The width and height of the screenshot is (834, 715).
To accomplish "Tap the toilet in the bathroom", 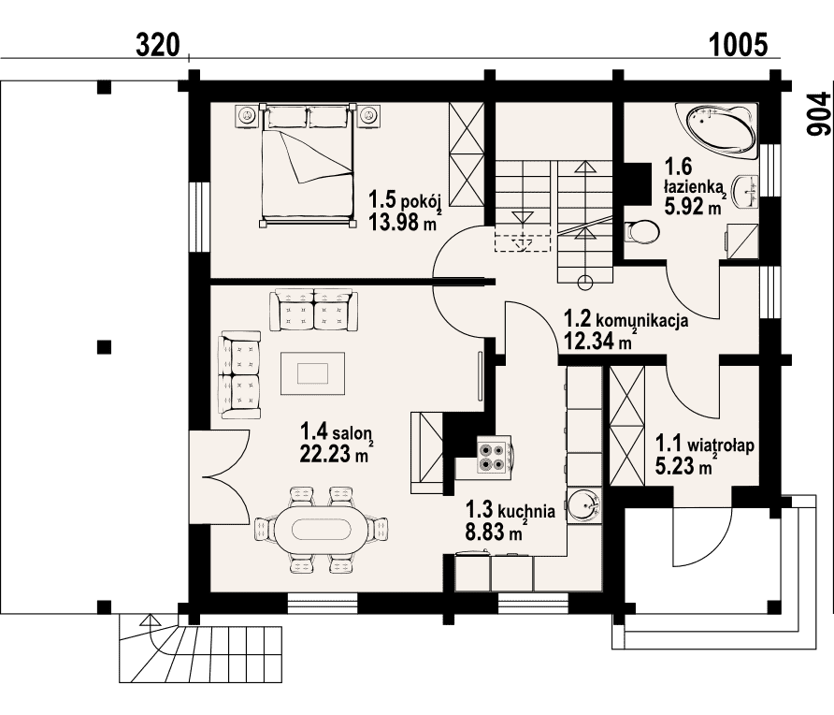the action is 641,232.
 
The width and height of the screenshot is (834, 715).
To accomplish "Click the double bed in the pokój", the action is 308,166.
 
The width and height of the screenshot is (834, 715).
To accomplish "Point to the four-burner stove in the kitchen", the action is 493,457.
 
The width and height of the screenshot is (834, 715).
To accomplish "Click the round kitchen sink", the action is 583,504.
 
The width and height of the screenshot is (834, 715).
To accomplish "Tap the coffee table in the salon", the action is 312,373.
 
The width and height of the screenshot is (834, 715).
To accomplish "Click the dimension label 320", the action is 158,45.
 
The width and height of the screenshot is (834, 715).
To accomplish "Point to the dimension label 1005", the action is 739,45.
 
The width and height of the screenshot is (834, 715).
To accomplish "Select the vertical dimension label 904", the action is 818,114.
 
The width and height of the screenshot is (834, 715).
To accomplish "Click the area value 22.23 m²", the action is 334,454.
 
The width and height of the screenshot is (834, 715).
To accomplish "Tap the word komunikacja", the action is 642,320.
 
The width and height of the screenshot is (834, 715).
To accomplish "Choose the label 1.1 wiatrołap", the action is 705,444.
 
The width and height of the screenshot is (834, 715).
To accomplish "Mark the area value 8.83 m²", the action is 494,532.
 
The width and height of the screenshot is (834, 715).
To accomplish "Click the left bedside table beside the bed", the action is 246,115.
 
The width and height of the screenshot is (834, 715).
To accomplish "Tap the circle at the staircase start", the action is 585,283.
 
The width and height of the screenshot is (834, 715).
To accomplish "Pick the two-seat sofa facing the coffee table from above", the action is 314,311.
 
